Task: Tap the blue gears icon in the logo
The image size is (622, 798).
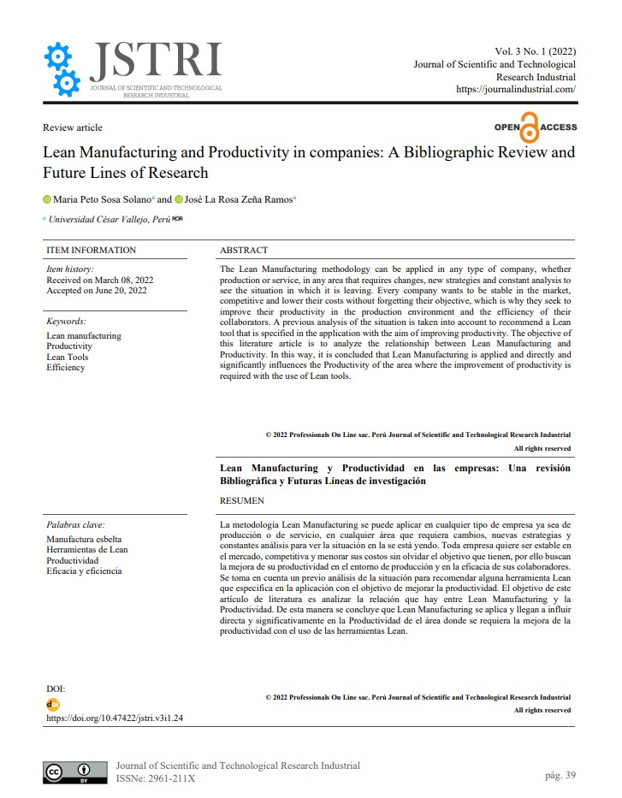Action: (x=62, y=68)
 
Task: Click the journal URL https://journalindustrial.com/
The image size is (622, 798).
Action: (x=516, y=89)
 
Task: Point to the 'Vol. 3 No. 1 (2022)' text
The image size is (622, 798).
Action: (x=536, y=52)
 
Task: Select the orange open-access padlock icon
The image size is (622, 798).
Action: (x=530, y=127)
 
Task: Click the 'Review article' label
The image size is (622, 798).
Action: (x=73, y=127)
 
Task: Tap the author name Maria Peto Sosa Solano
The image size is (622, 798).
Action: (x=102, y=199)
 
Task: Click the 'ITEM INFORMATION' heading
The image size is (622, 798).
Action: (x=92, y=251)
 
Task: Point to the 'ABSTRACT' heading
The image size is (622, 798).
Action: (x=244, y=251)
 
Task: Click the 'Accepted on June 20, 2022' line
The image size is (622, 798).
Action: (x=97, y=291)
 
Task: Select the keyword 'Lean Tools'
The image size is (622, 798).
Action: (x=67, y=358)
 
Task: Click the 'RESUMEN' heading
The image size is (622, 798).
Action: (x=242, y=500)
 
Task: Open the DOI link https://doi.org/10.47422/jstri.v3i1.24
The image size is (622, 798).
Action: (x=115, y=718)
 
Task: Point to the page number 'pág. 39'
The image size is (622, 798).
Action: (x=560, y=775)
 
